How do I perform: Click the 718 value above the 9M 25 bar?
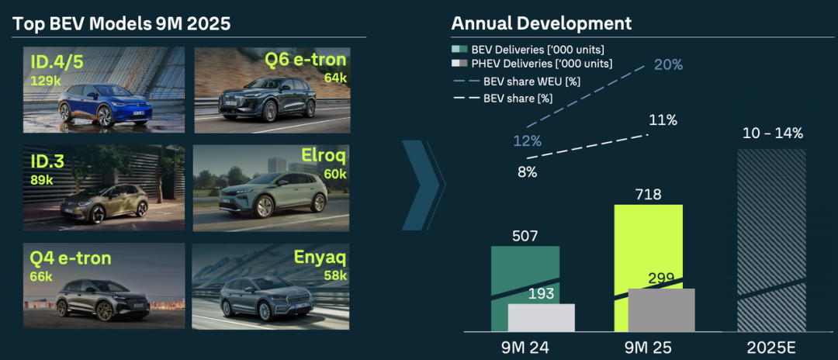pyautogui.click(x=648, y=194)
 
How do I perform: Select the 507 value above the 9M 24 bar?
pyautogui.click(x=525, y=236)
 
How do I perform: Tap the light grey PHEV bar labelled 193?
pyautogui.click(x=542, y=317)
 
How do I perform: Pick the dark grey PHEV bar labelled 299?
pyautogui.click(x=661, y=310)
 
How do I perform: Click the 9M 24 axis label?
pyautogui.click(x=525, y=347)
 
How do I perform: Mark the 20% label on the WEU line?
pyautogui.click(x=668, y=65)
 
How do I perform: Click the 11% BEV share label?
pyautogui.click(x=663, y=120)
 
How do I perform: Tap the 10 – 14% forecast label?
pyautogui.click(x=773, y=133)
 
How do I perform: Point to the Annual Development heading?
pyautogui.click(x=542, y=23)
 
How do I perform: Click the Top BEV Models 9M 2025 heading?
pyautogui.click(x=122, y=23)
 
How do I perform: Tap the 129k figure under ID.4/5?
pyautogui.click(x=45, y=80)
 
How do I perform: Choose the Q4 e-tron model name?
pyautogui.click(x=71, y=258)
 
